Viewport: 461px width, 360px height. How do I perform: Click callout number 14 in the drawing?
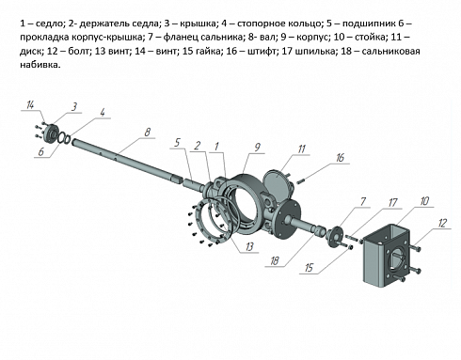[30, 105]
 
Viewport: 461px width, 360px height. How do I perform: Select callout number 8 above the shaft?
[148, 133]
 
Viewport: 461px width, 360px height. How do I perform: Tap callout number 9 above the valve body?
[258, 148]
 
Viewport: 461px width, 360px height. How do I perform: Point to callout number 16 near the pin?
[340, 158]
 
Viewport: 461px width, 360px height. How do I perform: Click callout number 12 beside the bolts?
[442, 223]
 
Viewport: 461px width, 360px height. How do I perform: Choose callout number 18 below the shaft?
[275, 260]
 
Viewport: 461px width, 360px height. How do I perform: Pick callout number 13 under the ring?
[249, 246]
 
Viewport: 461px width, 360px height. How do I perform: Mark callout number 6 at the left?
[41, 152]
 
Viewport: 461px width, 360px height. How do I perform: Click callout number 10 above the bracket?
[424, 201]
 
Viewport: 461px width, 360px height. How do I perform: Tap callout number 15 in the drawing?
[309, 268]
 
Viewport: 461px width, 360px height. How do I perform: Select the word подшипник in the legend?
[369, 24]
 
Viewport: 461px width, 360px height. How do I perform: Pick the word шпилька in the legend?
[315, 51]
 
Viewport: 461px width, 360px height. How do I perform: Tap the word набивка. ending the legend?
[40, 65]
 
